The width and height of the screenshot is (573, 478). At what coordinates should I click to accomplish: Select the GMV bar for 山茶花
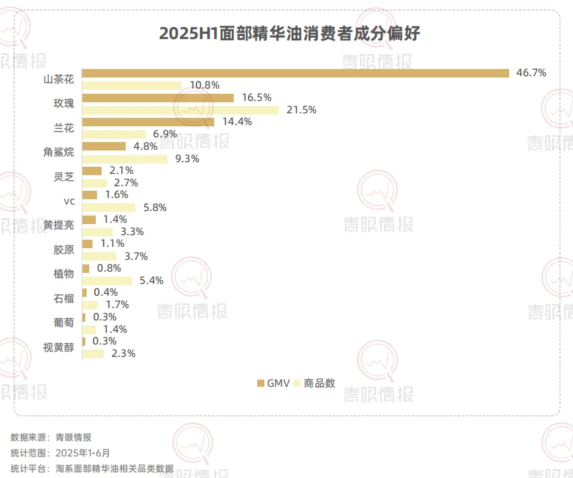296,73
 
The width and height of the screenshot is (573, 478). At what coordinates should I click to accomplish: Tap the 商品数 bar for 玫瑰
180,110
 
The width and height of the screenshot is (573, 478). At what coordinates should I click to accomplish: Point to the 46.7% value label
531,73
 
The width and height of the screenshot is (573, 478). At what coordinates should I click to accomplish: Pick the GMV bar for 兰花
148,122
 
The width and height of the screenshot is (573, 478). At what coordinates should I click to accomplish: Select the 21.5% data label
301,110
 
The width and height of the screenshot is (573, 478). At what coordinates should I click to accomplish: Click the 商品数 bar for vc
109,207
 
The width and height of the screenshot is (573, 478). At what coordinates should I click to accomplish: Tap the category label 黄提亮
59,225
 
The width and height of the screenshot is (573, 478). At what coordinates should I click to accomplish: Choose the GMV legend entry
273,383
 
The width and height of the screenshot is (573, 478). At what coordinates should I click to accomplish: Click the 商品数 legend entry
315,383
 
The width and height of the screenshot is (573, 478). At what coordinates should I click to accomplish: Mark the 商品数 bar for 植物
107,281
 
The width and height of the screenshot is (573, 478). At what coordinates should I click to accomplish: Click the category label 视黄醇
59,347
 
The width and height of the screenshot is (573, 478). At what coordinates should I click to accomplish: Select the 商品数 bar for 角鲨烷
125,159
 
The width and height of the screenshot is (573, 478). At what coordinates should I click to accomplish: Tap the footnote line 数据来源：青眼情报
51,437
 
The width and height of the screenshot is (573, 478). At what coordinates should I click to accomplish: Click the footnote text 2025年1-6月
83,453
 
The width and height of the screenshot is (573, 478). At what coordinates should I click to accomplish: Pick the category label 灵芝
64,176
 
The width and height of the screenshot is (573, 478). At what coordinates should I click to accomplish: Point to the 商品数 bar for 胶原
100,256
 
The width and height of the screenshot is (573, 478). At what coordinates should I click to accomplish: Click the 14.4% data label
236,122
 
